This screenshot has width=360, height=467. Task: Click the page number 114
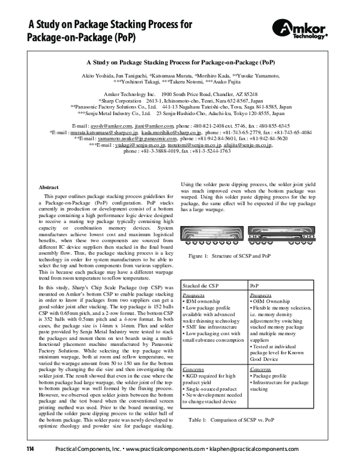pos(29,449)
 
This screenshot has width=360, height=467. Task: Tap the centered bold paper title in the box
pos(181,62)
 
